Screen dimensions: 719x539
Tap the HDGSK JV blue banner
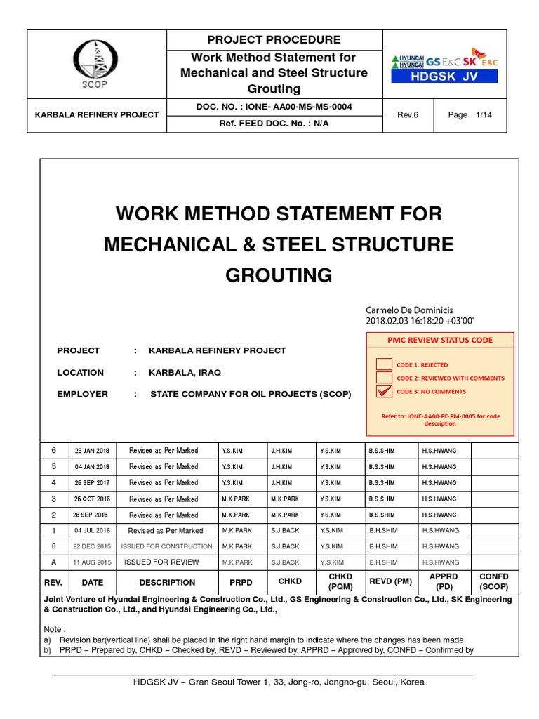pyautogui.click(x=444, y=77)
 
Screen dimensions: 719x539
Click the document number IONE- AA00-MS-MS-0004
pyautogui.click(x=274, y=107)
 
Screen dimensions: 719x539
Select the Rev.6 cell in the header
pyautogui.click(x=408, y=114)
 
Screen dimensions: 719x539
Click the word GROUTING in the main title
pyautogui.click(x=279, y=275)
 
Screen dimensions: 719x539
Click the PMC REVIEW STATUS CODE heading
pyautogui.click(x=440, y=340)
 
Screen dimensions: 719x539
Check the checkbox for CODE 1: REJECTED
pyautogui.click(x=385, y=364)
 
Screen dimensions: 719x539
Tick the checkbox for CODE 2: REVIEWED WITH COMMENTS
pyautogui.click(x=385, y=378)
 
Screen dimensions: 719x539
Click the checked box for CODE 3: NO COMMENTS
pyautogui.click(x=385, y=391)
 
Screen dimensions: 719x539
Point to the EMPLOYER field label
pyautogui.click(x=83, y=394)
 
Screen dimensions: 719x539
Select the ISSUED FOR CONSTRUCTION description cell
pyautogui.click(x=167, y=546)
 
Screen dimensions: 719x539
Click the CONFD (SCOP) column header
pyautogui.click(x=493, y=582)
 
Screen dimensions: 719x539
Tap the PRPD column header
pyautogui.click(x=241, y=582)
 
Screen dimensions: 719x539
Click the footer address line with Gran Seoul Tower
pyautogui.click(x=269, y=682)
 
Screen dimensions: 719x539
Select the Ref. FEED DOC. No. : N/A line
pyautogui.click(x=274, y=123)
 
